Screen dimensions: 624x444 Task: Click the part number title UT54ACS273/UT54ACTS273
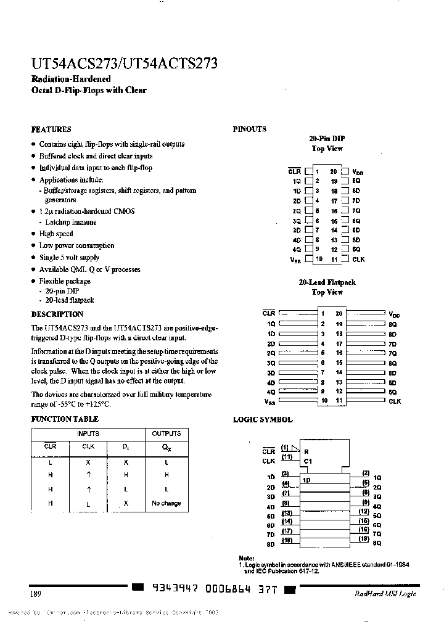pos(124,64)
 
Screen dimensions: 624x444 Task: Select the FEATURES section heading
pos(51,129)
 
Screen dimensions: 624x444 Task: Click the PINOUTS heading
pos(249,129)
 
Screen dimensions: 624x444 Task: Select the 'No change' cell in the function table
pos(166,503)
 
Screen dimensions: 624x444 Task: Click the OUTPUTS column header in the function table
pos(166,433)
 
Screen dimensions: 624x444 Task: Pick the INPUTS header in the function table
pos(88,433)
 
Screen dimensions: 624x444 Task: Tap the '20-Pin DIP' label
pos(327,139)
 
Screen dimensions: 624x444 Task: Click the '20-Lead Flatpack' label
pos(327,282)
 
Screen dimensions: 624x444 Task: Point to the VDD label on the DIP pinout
pos(358,172)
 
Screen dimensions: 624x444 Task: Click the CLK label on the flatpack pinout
pos(395,401)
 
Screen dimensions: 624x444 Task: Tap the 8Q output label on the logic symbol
pos(377,543)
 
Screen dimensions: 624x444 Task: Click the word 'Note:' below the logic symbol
pos(245,557)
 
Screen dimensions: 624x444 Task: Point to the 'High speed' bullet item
pos(55,234)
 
